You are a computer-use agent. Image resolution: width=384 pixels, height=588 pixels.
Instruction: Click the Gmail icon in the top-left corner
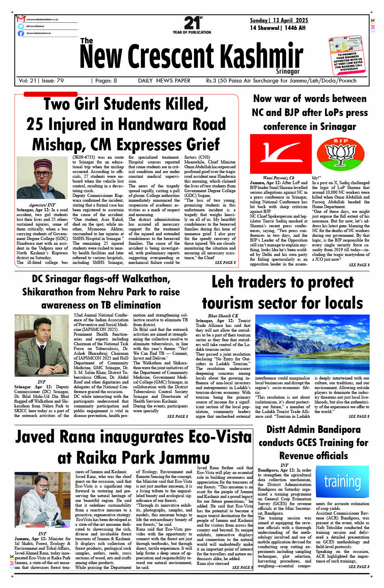tap(21, 19)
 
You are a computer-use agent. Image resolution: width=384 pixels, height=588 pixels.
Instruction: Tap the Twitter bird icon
tap(21, 26)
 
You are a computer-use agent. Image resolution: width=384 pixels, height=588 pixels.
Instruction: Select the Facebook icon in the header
tap(21, 33)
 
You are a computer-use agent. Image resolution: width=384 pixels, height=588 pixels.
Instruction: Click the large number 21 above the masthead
tap(192, 23)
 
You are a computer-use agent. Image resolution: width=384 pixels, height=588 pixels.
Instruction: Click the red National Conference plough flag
tap(280, 153)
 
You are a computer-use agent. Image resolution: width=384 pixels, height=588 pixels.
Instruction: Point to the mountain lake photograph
tap(312, 344)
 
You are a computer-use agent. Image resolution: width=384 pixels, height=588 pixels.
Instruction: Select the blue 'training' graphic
tap(342, 482)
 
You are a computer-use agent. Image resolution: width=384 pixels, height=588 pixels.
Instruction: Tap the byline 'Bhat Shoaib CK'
tap(223, 316)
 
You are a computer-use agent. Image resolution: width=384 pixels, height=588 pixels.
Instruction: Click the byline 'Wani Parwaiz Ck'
tap(278, 178)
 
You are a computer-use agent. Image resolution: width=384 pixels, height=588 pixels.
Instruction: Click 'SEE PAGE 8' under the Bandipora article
tap(359, 566)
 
